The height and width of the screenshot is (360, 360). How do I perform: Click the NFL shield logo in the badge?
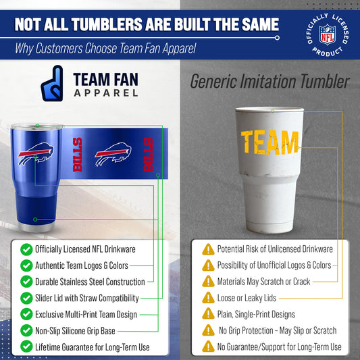click(x=326, y=32)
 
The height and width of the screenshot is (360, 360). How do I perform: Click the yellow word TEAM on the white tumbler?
click(x=270, y=142)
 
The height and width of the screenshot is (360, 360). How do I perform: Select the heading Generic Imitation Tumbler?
click(x=269, y=82)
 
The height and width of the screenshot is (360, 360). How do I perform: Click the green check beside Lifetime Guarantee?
click(x=26, y=346)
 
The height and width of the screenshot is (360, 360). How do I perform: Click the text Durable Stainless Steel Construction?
click(x=90, y=282)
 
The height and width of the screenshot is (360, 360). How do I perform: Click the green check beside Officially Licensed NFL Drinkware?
click(x=26, y=249)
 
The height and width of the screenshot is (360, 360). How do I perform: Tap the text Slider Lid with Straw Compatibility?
click(x=87, y=298)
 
